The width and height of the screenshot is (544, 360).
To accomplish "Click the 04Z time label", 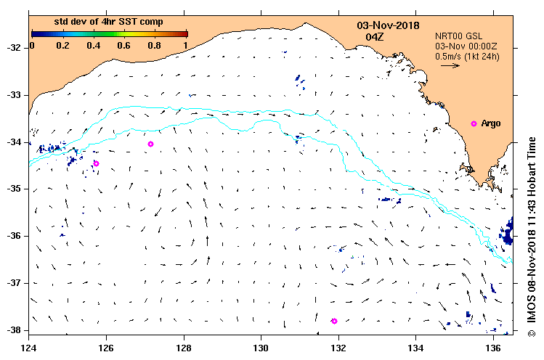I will [x=375, y=36].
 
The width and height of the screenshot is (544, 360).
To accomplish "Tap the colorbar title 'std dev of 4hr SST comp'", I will [x=110, y=22].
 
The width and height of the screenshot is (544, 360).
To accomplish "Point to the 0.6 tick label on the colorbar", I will [x=124, y=45].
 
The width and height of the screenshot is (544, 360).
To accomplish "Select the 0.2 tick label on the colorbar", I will [x=62, y=45].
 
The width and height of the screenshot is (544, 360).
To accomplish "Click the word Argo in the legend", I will [x=491, y=123].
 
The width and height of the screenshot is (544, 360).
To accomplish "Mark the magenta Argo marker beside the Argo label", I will [x=474, y=124].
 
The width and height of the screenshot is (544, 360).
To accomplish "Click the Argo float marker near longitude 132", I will [x=334, y=321].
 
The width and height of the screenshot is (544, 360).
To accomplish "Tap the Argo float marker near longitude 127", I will [x=150, y=144].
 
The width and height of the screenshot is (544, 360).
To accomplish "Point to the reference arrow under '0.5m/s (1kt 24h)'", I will [x=450, y=65].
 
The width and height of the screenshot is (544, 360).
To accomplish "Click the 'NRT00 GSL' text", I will [x=458, y=35].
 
